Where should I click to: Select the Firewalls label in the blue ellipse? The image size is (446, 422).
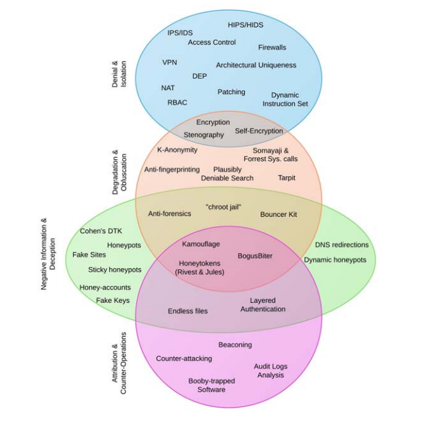(x=272, y=47)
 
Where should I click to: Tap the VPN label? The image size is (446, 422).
(x=169, y=62)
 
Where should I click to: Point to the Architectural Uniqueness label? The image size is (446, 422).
(x=256, y=65)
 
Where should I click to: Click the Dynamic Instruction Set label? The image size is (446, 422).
(x=285, y=99)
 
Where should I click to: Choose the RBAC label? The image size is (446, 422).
(x=177, y=103)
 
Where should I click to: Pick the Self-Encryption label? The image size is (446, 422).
(x=259, y=131)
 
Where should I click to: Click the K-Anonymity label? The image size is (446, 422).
(x=177, y=150)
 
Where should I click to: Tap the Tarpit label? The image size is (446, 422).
(x=286, y=177)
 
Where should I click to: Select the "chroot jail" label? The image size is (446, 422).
(x=224, y=207)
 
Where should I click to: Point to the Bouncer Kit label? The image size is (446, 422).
(x=279, y=214)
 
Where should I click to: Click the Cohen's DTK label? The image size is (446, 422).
(x=100, y=231)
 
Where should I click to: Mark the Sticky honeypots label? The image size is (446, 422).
(x=115, y=270)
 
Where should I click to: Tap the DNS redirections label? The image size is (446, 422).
(x=342, y=245)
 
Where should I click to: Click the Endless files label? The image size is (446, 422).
(x=188, y=311)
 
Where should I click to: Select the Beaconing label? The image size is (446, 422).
(x=235, y=344)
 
